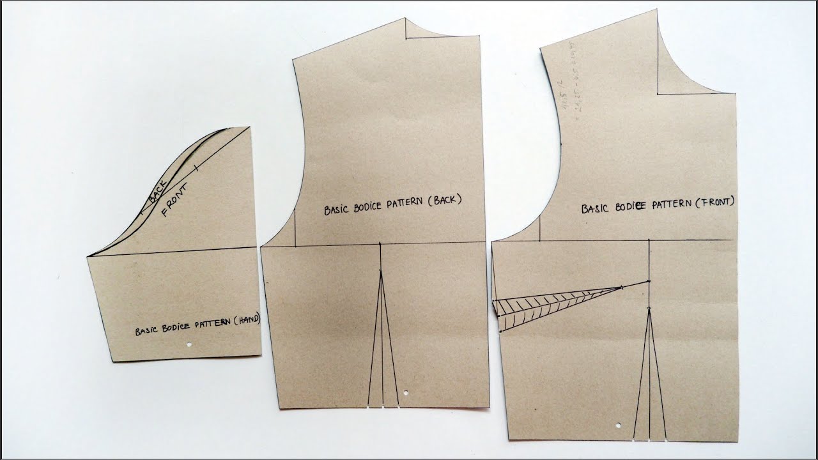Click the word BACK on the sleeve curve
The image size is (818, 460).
click(158, 191)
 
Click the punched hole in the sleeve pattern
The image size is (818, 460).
click(190, 345)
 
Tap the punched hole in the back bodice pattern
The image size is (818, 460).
click(407, 392)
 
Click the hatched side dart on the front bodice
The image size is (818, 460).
click(550, 302)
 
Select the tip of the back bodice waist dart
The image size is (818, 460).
click(381, 272)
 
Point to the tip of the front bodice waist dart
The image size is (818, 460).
click(649, 309)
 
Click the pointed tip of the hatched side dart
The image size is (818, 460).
click(622, 288)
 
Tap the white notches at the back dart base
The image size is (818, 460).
click(383, 406)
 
